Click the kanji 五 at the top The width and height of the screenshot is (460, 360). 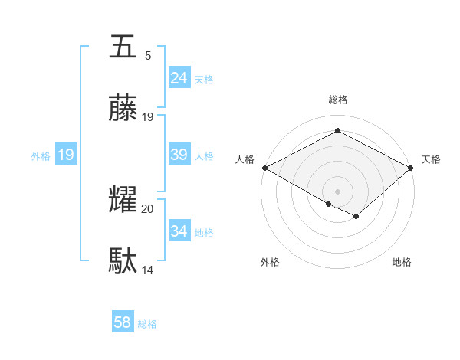point(123,47)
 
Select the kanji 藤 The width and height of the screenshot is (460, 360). point(123,109)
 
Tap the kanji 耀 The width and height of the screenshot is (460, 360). point(123,201)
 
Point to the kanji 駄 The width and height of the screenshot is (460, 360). point(123,262)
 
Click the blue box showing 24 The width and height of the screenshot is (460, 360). point(179,78)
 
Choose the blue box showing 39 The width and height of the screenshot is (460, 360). point(179,155)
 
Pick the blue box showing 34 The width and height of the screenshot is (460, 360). point(179,231)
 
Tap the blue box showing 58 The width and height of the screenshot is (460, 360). point(123,322)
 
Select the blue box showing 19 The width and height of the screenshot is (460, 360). point(66,155)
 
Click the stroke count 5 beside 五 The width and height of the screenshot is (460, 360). point(148,55)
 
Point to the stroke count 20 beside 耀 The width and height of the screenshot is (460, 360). point(148,208)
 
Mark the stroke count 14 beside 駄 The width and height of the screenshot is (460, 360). point(148,270)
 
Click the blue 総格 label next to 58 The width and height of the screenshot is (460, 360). point(147,324)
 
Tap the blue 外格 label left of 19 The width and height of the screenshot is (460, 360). point(41,156)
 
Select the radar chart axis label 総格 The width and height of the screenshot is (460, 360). point(337,100)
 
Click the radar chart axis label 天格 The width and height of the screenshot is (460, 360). point(431,159)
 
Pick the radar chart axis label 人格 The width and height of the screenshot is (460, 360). point(245,159)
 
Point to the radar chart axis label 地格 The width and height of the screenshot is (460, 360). point(402,262)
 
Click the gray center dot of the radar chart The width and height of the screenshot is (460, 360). point(337,191)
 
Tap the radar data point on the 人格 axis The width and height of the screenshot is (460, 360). point(264,168)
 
